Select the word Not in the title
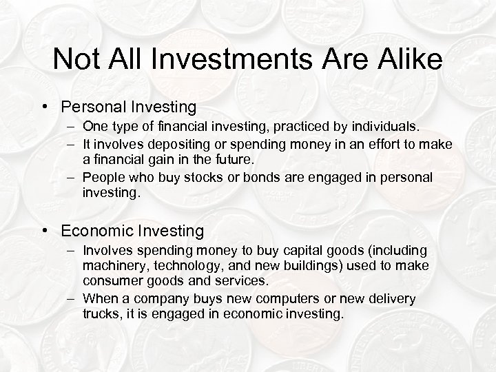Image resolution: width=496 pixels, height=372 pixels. click(73, 59)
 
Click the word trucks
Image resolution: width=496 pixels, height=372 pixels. click(100, 314)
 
